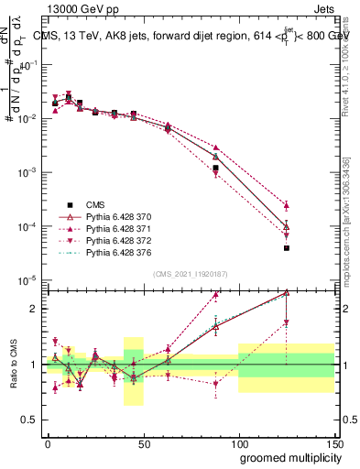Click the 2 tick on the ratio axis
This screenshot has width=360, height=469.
pos(34,309)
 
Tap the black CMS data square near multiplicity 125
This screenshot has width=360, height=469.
pos(287,247)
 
